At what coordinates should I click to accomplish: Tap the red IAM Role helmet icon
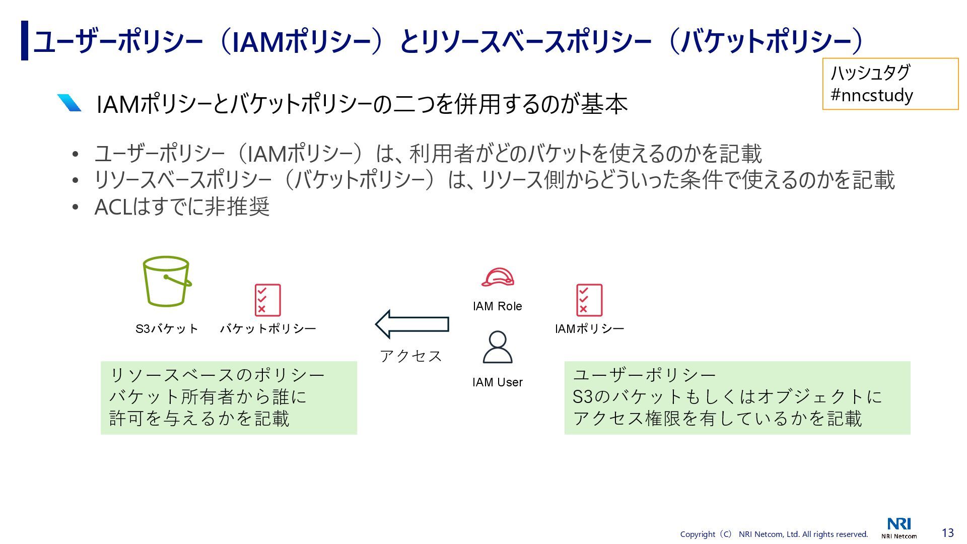coord(498,278)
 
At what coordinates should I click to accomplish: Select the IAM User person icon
coord(498,347)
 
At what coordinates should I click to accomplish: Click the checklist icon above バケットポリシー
coord(267,300)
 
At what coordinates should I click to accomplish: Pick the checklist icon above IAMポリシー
coord(589,300)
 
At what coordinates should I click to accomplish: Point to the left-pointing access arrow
coord(412,324)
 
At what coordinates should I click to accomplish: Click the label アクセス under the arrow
coord(411,356)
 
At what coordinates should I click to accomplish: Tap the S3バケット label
coord(167,329)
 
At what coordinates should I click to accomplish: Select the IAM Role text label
coord(498,306)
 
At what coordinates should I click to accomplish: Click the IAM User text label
coord(498,382)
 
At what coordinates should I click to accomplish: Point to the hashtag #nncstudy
coord(871,95)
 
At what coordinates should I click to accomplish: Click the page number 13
coord(947,532)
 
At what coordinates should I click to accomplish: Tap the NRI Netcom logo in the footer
coord(899,528)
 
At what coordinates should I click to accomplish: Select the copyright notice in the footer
coord(774,534)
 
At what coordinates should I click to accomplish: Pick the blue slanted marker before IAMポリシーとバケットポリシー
coord(69,103)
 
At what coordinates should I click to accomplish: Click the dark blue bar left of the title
coord(25,40)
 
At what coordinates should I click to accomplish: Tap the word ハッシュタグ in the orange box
coord(870,73)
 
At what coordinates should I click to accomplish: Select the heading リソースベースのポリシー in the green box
coord(217,375)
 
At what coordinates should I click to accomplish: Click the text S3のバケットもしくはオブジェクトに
coord(727,397)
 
